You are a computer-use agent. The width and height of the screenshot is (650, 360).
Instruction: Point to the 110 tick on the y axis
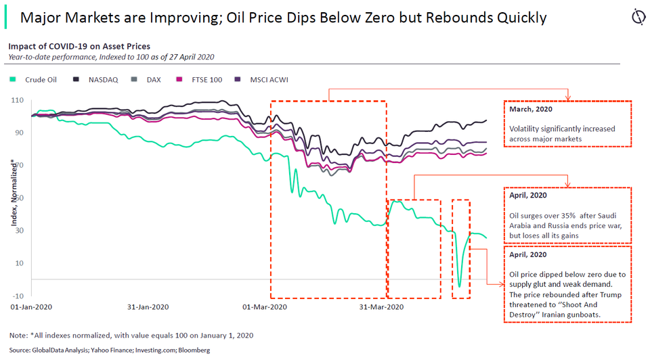(x=17, y=100)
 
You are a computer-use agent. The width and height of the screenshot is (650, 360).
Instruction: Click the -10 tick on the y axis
(x=17, y=296)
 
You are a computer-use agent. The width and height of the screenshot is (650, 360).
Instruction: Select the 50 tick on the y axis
(x=18, y=198)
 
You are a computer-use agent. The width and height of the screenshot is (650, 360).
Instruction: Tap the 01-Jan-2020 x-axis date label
(x=32, y=307)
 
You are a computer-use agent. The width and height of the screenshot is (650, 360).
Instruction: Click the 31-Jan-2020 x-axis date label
(x=148, y=307)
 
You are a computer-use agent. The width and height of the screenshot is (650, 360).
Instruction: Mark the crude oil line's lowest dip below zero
(x=460, y=286)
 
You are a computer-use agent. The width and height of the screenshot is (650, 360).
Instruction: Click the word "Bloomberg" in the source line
(x=194, y=350)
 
